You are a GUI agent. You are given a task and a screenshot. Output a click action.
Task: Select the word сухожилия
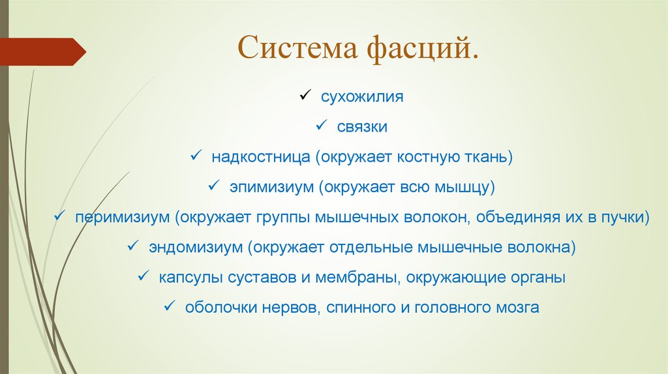[362, 97]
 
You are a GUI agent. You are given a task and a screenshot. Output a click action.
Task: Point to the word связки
[362, 127]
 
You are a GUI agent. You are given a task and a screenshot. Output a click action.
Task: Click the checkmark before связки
[322, 126]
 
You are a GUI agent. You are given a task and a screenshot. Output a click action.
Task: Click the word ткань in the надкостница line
[490, 158]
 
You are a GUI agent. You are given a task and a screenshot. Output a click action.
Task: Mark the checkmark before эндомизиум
[132, 246]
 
